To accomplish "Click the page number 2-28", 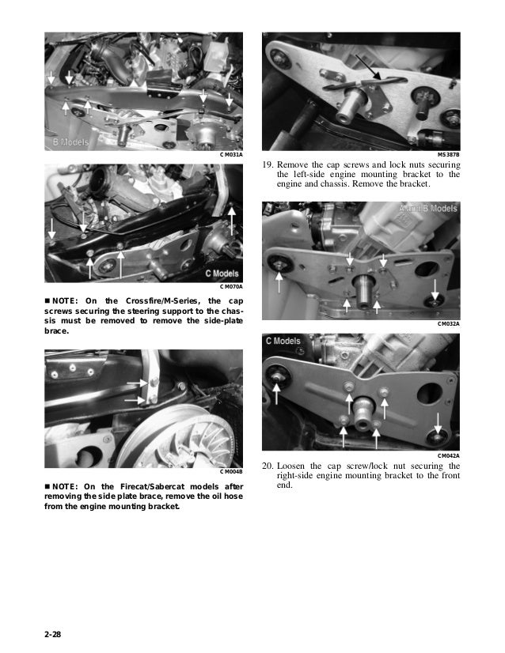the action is [x=52, y=634].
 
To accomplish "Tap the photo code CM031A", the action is [x=231, y=155].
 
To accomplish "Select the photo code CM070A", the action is [x=231, y=286].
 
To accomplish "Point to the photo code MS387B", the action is [x=449, y=154].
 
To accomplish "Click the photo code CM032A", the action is [x=449, y=323].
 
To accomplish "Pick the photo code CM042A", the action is [x=449, y=455].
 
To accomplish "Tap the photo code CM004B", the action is [x=231, y=472].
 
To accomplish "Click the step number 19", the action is [x=268, y=164].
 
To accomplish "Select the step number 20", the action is [x=268, y=466].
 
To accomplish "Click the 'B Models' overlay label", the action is [x=71, y=142].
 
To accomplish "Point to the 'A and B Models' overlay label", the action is [x=428, y=208].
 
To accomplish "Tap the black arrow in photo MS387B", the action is [x=369, y=67].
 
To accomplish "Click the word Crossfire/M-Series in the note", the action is [x=161, y=300].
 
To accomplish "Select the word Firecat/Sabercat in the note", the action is [x=152, y=486].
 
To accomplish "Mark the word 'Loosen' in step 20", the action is [x=290, y=466].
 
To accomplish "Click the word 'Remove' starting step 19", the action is [x=292, y=164].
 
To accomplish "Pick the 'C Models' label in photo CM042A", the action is [x=283, y=341].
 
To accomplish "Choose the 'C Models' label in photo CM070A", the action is [x=222, y=274].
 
